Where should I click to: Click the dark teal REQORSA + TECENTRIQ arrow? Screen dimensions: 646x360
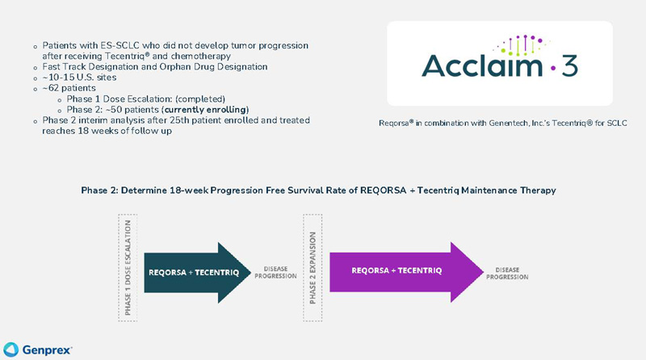(198, 273)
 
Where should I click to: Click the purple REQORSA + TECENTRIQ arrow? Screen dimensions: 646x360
(407, 272)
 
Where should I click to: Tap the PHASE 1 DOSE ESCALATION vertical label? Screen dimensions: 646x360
(128, 268)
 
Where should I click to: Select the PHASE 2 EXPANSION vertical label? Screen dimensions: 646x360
(313, 268)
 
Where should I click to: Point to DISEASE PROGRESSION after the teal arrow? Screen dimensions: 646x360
(275, 272)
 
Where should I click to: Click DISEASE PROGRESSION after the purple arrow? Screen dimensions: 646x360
(507, 274)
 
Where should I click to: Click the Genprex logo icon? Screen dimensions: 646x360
(10, 350)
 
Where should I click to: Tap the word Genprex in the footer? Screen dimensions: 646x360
(47, 350)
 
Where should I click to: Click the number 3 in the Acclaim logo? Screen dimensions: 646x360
(569, 65)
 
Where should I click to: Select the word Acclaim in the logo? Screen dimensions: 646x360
(482, 65)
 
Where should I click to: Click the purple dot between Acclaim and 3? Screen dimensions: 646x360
(553, 67)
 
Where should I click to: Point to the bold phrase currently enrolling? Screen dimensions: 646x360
(206, 110)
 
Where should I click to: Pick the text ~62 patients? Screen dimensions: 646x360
(69, 88)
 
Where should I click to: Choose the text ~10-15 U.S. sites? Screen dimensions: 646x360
(79, 77)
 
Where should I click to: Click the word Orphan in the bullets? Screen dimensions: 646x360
(176, 67)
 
